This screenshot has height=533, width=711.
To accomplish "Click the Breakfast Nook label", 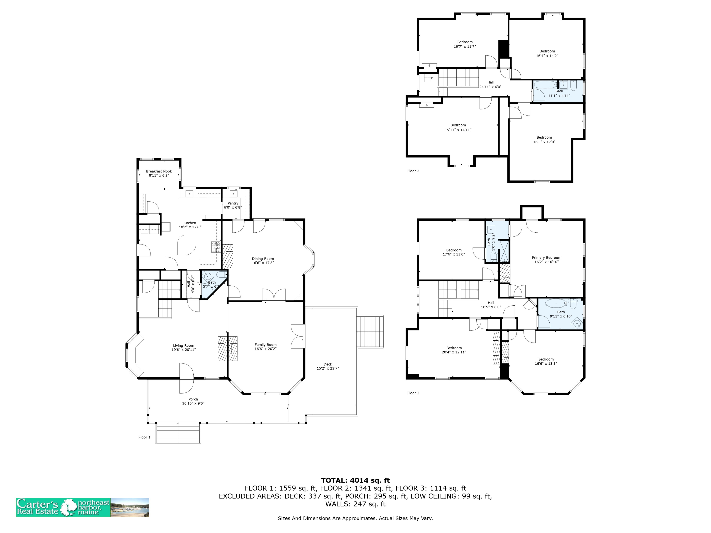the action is click(x=159, y=171).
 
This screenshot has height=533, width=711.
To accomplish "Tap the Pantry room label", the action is click(x=233, y=203).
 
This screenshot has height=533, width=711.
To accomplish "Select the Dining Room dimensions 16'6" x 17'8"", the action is click(x=263, y=263).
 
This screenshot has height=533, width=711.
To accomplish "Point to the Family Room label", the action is click(x=265, y=345).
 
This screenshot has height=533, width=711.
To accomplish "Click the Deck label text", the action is click(x=328, y=364).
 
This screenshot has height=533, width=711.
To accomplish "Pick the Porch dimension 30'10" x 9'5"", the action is click(x=193, y=403).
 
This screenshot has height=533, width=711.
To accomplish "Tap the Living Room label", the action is click(x=183, y=346).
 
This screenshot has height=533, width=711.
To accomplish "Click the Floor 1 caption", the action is click(x=145, y=437).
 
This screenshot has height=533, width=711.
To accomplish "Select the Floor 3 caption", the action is click(x=413, y=171).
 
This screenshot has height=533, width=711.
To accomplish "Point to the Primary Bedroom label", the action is click(x=547, y=258).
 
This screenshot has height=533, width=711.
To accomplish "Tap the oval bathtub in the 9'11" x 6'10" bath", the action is click(x=556, y=303).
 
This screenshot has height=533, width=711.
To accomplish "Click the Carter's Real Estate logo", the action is click(x=83, y=507).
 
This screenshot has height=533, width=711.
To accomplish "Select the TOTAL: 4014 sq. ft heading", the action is click(x=355, y=480).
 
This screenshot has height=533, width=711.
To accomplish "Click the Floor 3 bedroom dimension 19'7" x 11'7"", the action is click(x=465, y=47).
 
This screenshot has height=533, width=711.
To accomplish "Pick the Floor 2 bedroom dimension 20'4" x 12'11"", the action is click(x=454, y=352).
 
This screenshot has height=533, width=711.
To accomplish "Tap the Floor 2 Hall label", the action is click(x=491, y=303).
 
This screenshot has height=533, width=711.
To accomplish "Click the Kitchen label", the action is click(x=190, y=223).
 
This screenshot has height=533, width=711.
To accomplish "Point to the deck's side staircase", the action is click(x=370, y=332).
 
